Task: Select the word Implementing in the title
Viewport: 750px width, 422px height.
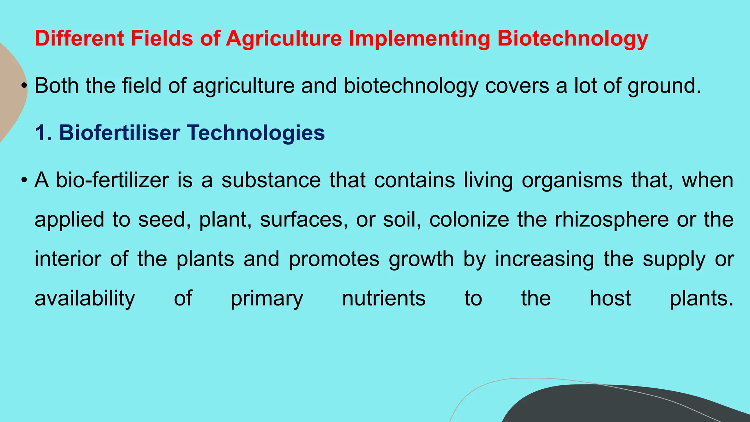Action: click(419, 38)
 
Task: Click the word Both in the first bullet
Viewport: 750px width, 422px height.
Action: click(57, 86)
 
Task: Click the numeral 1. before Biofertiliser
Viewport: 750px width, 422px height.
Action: click(43, 133)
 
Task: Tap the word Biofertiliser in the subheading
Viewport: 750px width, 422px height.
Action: click(119, 133)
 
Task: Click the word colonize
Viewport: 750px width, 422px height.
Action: click(469, 220)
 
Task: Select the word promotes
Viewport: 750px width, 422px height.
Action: click(334, 259)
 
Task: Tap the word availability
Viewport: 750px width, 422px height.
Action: click(85, 299)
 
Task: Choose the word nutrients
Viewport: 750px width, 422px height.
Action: click(383, 298)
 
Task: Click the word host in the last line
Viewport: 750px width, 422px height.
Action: click(610, 298)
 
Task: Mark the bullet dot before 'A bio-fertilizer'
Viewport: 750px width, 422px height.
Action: click(24, 180)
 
